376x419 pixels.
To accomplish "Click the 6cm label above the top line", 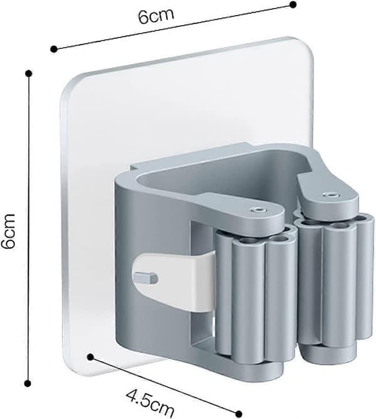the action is pyautogui.click(x=157, y=16).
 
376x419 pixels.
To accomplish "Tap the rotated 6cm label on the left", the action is pyautogui.click(x=8, y=231).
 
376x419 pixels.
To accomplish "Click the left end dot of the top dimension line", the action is pyautogui.click(x=54, y=49).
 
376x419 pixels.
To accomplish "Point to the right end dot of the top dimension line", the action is pyautogui.click(x=293, y=4).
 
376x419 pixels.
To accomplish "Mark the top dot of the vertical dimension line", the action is pyautogui.click(x=29, y=73).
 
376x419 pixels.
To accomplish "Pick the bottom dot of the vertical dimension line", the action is pyautogui.click(x=28, y=383).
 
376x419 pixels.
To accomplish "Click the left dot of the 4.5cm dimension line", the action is pyautogui.click(x=90, y=357).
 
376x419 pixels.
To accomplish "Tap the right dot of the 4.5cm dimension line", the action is pyautogui.click(x=239, y=413).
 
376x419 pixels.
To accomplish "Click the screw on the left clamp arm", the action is pyautogui.click(x=258, y=210).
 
